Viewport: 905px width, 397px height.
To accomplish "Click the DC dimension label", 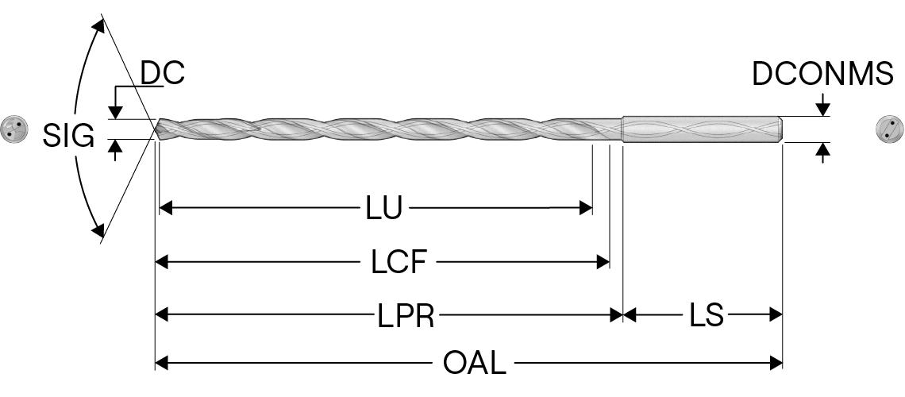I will click(x=163, y=73).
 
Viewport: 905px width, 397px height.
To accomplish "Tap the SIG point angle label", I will click(x=68, y=137).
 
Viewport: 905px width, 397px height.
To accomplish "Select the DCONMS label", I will click(x=822, y=74).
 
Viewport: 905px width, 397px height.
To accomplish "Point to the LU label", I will click(x=383, y=209).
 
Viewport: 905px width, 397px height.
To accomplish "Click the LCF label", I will click(x=399, y=263).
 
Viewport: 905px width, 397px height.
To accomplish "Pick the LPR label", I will click(x=405, y=316).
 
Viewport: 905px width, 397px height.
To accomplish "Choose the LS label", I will click(x=706, y=316).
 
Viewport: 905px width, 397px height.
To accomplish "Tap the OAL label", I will click(x=473, y=364).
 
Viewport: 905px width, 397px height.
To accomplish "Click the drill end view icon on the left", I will click(x=13, y=129).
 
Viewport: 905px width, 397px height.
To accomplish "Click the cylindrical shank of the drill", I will click(x=702, y=129).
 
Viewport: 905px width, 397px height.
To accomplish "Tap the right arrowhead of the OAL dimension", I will click(x=777, y=364).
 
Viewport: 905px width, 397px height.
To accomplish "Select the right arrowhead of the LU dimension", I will click(x=587, y=209).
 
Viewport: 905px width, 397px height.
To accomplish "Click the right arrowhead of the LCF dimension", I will click(x=603, y=263).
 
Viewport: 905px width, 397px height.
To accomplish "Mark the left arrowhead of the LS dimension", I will click(x=630, y=316).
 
